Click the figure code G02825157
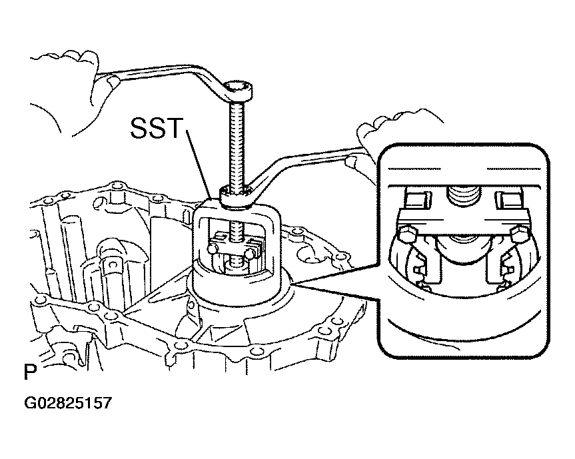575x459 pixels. [68, 403]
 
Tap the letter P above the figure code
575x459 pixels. [30, 372]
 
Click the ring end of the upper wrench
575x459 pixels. [239, 89]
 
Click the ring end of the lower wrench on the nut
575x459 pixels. [235, 196]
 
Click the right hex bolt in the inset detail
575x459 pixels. [519, 234]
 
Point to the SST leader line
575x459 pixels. [199, 163]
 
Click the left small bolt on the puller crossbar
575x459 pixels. [212, 250]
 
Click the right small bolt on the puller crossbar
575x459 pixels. [249, 253]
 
